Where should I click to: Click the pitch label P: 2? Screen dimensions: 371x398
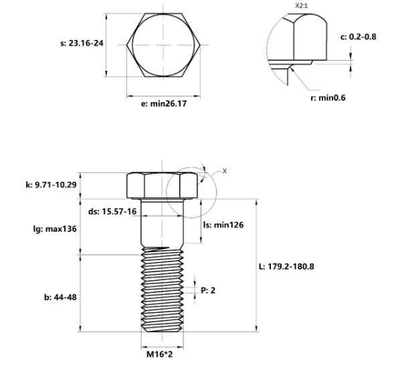209,289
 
